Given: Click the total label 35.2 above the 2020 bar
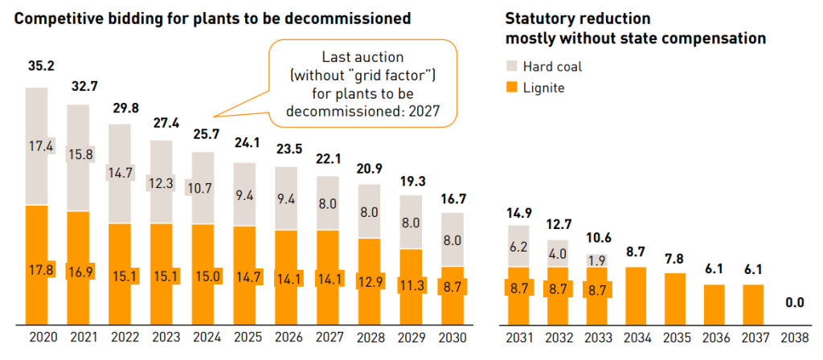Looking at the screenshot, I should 40,68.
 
